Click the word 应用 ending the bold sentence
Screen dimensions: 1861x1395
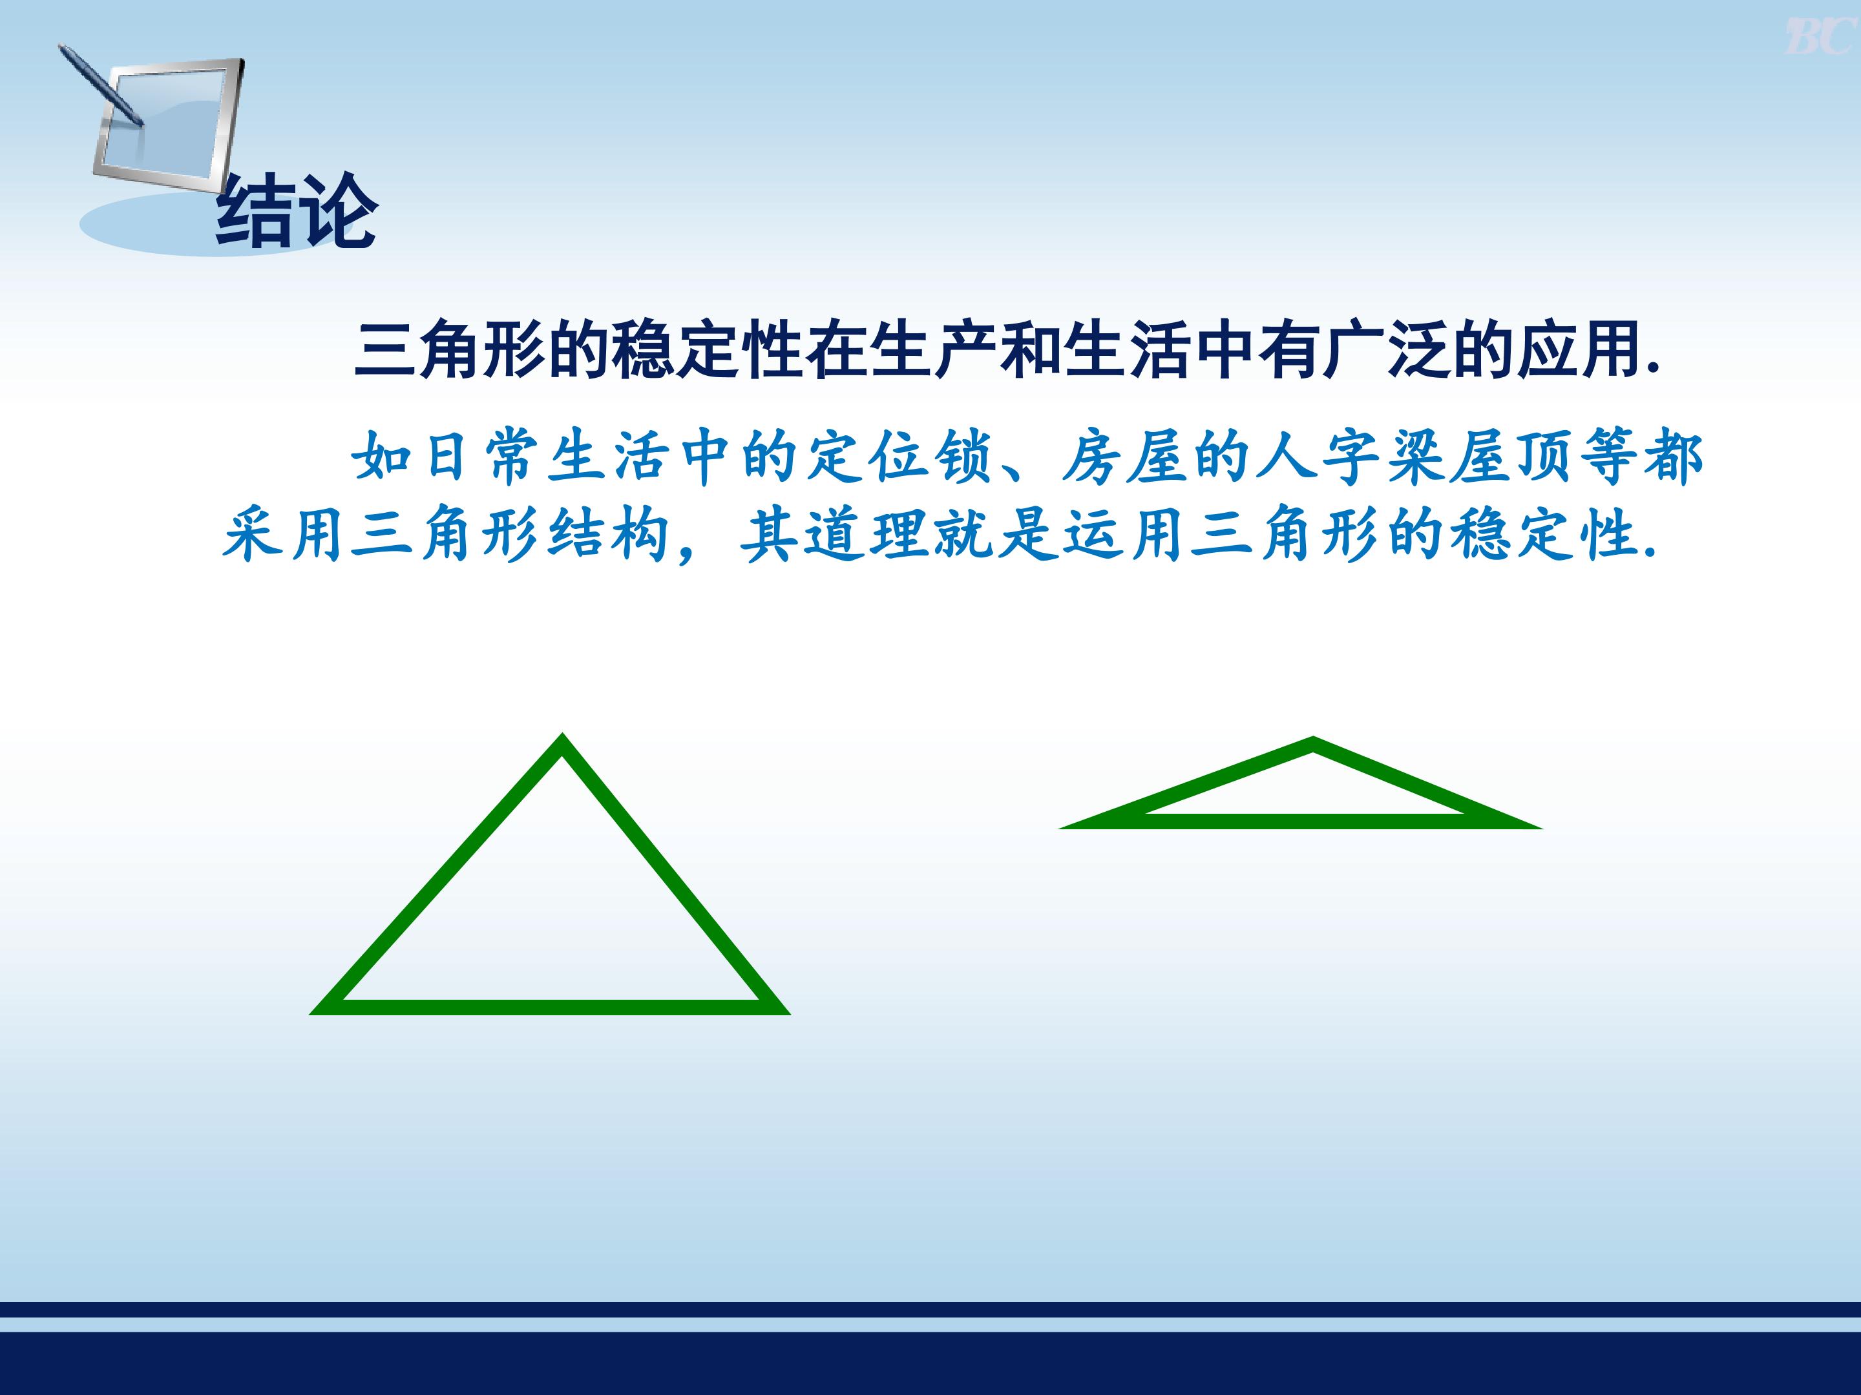[x=1579, y=350]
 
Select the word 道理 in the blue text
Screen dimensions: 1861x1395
[x=867, y=535]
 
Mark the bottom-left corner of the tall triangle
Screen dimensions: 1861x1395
[x=311, y=1014]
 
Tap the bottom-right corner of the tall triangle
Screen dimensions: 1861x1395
[x=789, y=1014]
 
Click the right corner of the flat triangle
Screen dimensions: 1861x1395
[x=1540, y=828]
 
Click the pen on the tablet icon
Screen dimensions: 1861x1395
[x=101, y=84]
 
